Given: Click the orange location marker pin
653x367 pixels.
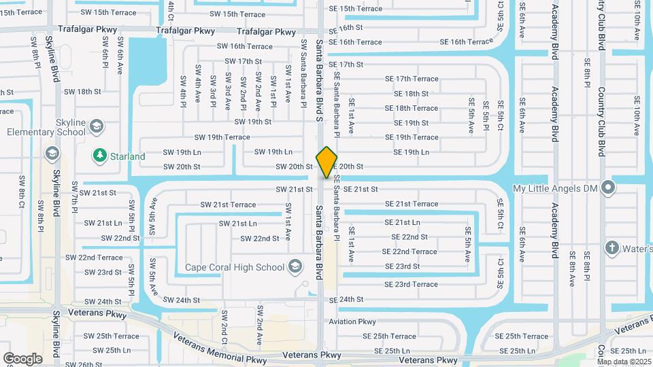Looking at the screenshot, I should (327, 162).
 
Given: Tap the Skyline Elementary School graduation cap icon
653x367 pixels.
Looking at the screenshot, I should (96, 126).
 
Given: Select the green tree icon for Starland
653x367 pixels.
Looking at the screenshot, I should (99, 156).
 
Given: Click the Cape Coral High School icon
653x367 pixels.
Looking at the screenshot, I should (295, 266).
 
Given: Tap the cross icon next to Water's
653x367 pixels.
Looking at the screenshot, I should (612, 248).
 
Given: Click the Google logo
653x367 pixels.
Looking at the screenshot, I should (22, 358).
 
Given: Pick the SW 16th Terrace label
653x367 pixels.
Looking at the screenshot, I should (244, 46).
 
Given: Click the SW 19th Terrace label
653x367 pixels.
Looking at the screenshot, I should (222, 137).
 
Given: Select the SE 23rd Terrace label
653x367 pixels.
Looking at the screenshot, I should (411, 284).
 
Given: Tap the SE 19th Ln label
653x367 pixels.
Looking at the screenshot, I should (407, 152).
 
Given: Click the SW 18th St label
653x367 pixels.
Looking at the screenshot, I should (89, 91).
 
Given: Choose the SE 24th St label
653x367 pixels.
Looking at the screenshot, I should (346, 299).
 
